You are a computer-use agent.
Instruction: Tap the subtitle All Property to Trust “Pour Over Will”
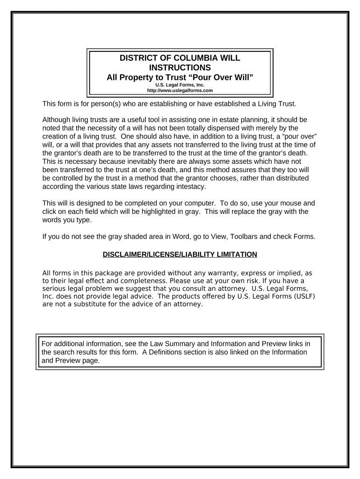pos(180,77)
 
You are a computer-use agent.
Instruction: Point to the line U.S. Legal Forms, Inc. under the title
pos(180,85)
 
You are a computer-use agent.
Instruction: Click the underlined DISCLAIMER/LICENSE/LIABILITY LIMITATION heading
pos(180,254)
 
